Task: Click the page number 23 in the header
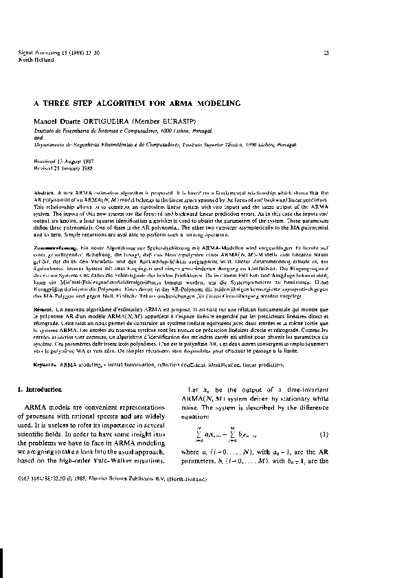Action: click(x=326, y=52)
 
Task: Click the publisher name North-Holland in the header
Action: click(x=32, y=60)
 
